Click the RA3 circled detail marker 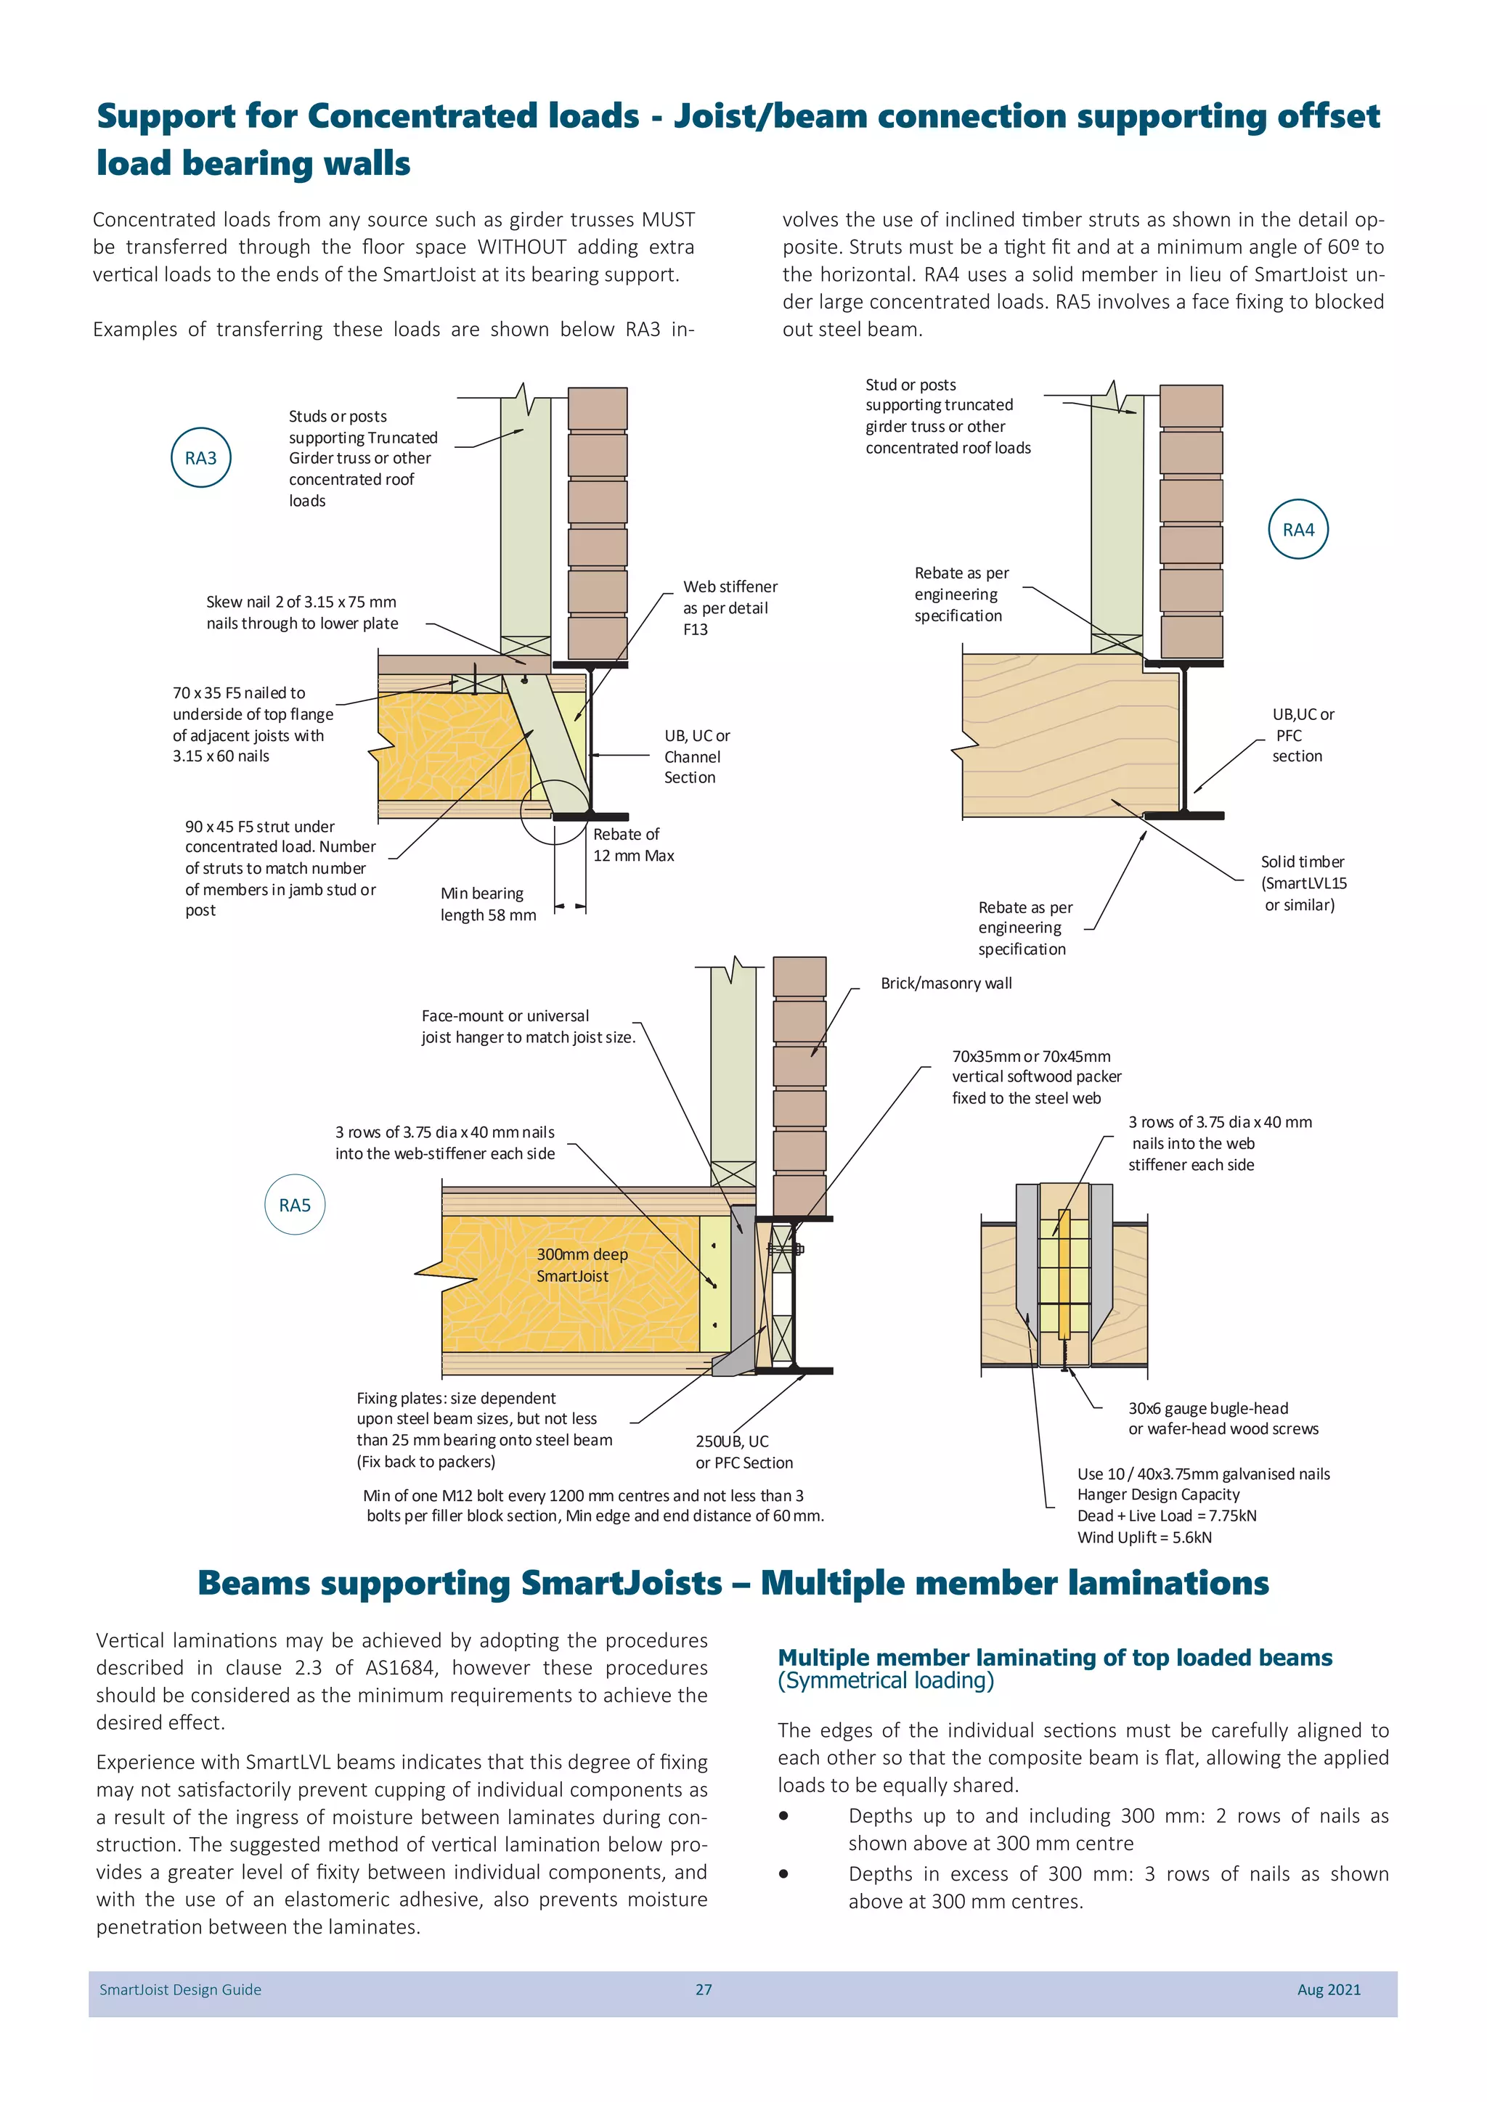click(x=200, y=458)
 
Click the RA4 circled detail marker click(x=1297, y=529)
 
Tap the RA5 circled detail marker click(x=295, y=1205)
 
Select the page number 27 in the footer click(x=704, y=1989)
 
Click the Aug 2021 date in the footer click(x=1328, y=1989)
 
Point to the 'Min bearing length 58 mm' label click(x=487, y=904)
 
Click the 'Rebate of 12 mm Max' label click(x=632, y=844)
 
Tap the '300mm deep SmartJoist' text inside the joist click(x=582, y=1264)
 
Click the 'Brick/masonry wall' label click(x=946, y=983)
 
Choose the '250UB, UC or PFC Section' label click(x=743, y=1451)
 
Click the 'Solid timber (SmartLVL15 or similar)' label click(x=1303, y=883)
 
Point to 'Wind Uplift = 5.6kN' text click(x=1144, y=1537)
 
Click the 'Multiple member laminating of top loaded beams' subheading click(x=1054, y=1657)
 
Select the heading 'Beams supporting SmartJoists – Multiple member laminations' click(x=733, y=1583)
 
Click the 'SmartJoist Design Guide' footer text click(x=180, y=1989)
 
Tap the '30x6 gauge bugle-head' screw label click(x=1207, y=1408)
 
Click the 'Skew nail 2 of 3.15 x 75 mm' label click(x=301, y=602)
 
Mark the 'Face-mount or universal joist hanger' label click(x=526, y=1026)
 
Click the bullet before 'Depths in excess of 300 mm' click(x=783, y=1874)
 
